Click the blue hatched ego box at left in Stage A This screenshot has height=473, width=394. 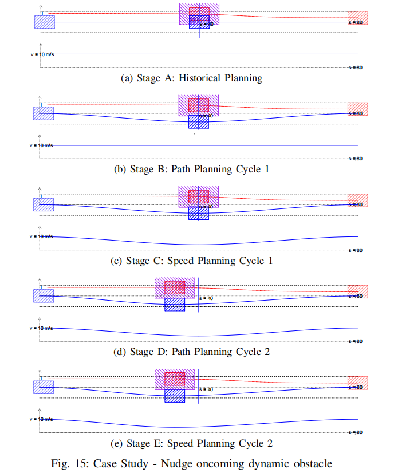coord(44,22)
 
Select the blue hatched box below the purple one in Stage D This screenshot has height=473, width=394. coord(175,304)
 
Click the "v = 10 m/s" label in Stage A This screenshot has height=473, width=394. coord(42,54)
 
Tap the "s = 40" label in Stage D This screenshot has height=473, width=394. coord(206,298)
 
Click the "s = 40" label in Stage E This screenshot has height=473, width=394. coord(206,389)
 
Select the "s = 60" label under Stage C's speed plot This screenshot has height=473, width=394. coord(356,250)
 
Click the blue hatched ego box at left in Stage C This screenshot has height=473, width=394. coord(44,204)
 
